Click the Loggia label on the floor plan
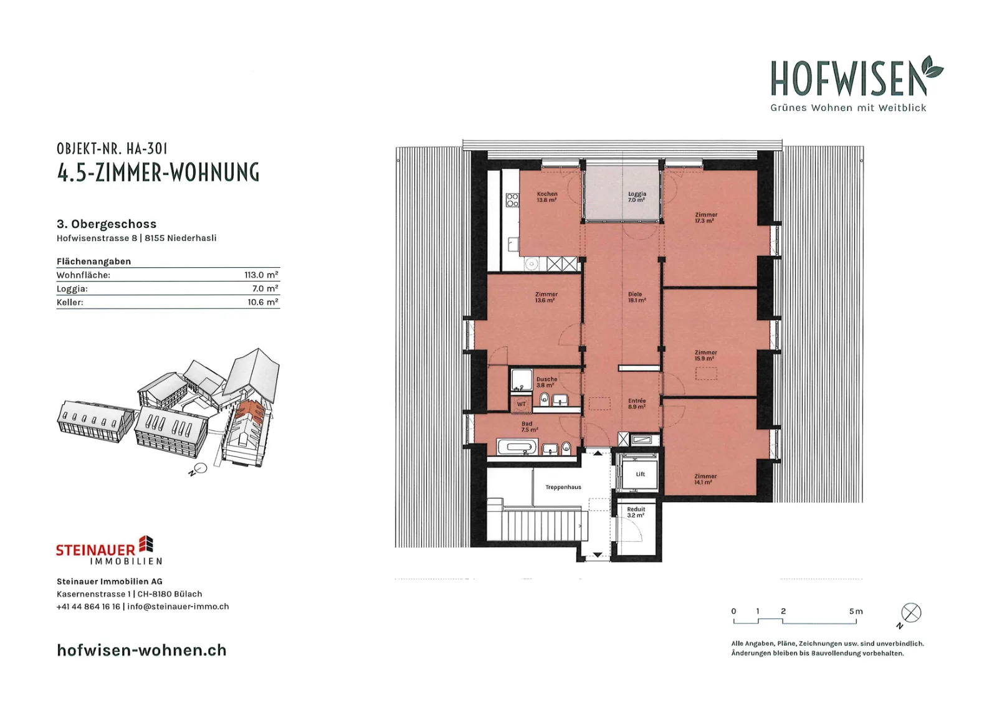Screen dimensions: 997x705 (x=637, y=197)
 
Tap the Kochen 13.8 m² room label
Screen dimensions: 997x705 (x=547, y=197)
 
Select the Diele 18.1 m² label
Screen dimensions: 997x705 (x=636, y=297)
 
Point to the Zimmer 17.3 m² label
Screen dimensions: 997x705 (x=706, y=217)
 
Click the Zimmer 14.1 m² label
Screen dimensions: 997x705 (x=705, y=479)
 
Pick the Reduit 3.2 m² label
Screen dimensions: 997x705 (x=636, y=513)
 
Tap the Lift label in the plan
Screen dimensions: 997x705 (x=641, y=474)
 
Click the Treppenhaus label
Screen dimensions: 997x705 (x=563, y=487)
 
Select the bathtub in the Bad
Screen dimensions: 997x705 (x=518, y=447)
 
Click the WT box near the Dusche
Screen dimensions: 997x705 (x=521, y=404)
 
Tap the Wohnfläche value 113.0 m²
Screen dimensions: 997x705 (x=261, y=275)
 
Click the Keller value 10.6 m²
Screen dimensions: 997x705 (x=263, y=303)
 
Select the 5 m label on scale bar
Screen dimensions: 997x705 (x=856, y=612)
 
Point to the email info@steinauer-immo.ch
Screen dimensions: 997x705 (x=178, y=607)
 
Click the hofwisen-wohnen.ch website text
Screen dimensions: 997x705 (x=142, y=650)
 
